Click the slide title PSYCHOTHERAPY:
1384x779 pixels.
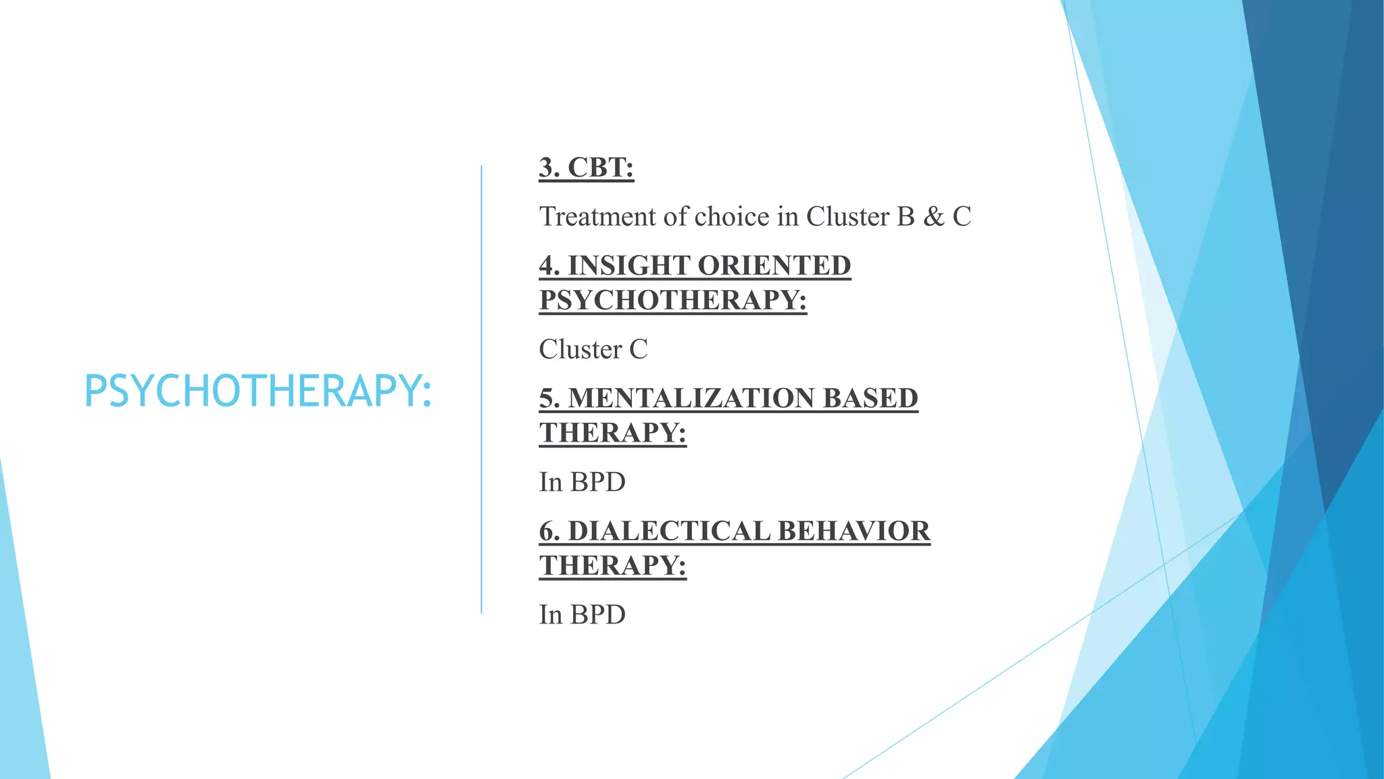click(x=257, y=392)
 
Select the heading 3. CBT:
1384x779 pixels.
click(x=586, y=168)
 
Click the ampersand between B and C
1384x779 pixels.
click(x=933, y=216)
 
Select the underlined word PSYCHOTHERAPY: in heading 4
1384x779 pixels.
click(x=672, y=300)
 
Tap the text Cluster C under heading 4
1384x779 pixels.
click(x=593, y=350)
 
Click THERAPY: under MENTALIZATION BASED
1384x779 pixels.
click(x=612, y=433)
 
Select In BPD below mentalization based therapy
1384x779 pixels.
click(x=582, y=482)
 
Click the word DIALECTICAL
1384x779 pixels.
click(x=668, y=531)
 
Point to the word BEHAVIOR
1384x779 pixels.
click(x=854, y=531)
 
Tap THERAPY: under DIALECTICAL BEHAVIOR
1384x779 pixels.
click(x=612, y=565)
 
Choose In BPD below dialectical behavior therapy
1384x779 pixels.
click(x=582, y=615)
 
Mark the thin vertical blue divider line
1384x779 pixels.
click(x=481, y=389)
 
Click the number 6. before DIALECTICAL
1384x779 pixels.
click(x=549, y=531)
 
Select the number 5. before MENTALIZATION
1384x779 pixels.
click(x=549, y=398)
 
